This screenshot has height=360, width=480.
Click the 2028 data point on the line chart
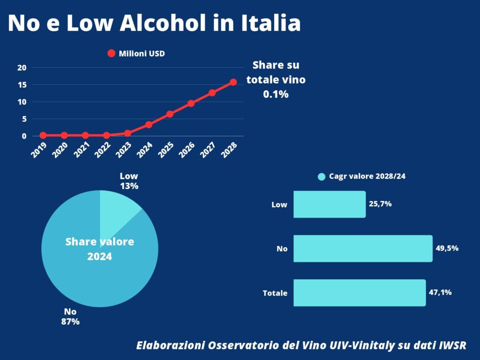coord(233,82)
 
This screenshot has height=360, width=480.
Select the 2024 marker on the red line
coord(149,125)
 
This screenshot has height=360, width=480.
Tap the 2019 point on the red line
coord(43,135)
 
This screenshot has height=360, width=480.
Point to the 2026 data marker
coord(191,104)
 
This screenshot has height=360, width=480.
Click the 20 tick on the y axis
coord(22,67)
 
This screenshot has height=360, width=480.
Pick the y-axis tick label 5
coord(24,119)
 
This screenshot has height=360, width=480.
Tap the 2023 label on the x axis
coord(124,150)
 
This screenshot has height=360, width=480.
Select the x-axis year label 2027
coord(208,150)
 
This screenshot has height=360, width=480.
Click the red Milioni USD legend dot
coord(112,53)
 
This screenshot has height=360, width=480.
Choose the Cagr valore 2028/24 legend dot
coord(322,177)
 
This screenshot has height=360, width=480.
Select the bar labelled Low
coord(330,204)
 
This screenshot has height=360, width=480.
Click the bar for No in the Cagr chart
coord(363,248)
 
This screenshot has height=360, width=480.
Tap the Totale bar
coord(360,292)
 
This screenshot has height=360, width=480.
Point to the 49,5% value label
coord(447,248)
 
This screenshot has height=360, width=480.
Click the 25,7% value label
coord(380,204)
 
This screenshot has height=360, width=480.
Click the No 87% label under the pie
coord(70,316)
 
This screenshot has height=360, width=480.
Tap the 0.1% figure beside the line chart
coord(276,94)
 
